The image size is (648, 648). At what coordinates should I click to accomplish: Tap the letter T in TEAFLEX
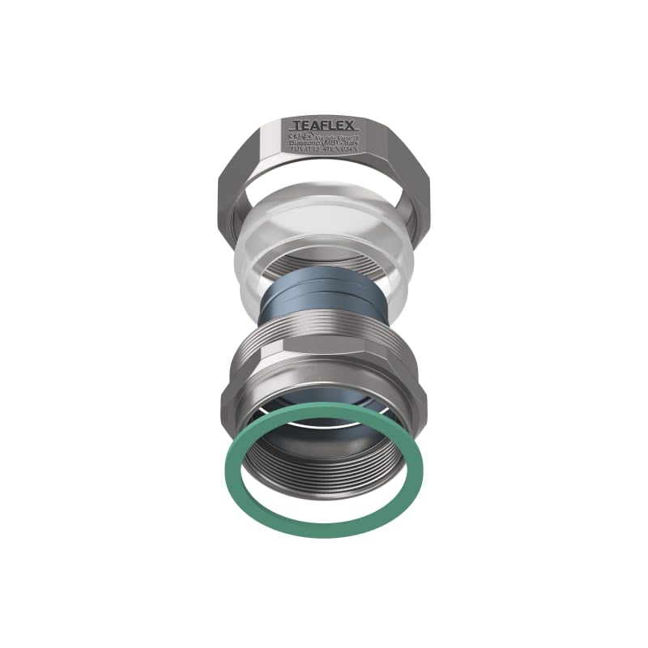[296, 126]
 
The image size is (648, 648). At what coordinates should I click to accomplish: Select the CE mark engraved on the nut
[292, 137]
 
